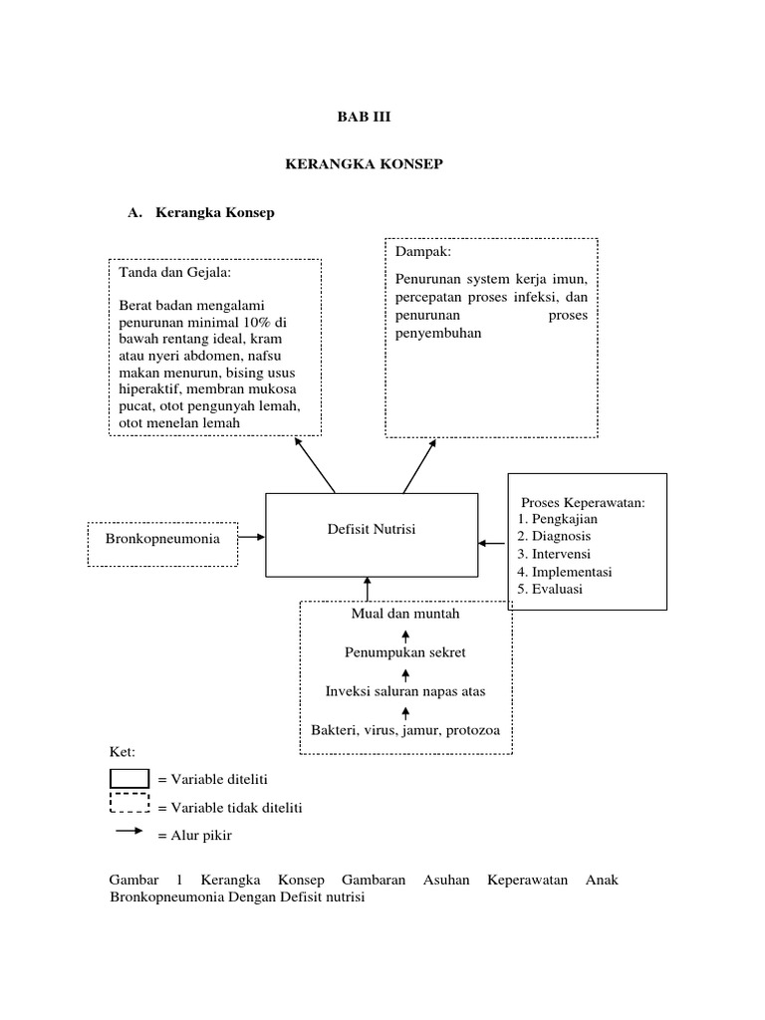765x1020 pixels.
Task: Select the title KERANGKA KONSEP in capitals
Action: click(364, 164)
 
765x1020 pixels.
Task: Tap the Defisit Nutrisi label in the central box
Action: click(372, 530)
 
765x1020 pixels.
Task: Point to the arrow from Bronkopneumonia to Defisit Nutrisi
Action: click(251, 537)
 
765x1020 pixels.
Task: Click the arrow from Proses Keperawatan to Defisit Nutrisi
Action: click(492, 543)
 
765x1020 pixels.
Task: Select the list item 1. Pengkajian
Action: click(558, 519)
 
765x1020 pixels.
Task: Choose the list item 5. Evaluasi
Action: click(551, 589)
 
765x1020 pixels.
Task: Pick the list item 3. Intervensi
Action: click(555, 554)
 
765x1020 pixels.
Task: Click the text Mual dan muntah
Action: click(405, 614)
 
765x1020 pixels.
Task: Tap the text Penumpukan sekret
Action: click(405, 652)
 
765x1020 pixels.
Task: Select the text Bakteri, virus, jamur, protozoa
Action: click(405, 729)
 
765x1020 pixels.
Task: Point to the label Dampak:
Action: click(423, 253)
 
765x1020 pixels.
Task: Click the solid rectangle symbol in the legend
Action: click(128, 778)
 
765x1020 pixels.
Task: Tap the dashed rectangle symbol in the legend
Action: click(128, 804)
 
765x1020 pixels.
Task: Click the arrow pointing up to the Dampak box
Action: click(420, 465)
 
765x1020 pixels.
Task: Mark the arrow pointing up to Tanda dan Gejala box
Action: click(316, 465)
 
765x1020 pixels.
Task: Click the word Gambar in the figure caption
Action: click(133, 881)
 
